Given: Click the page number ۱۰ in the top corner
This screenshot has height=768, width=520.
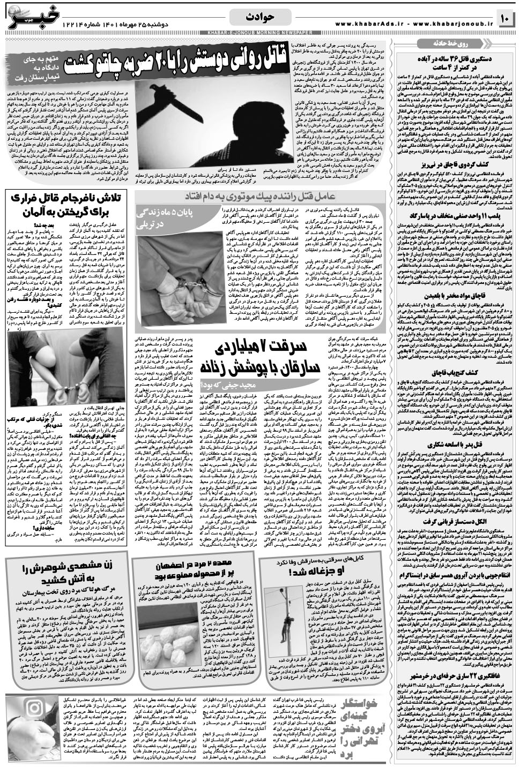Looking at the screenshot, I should tap(505, 19).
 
